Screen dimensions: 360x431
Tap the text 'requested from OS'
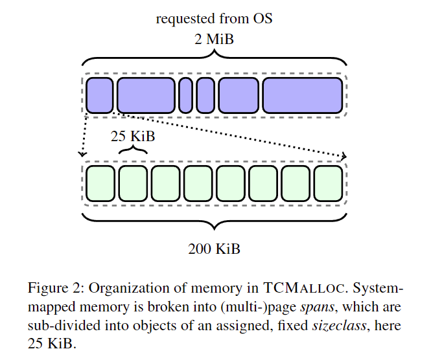tap(214, 18)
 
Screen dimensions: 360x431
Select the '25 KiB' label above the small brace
tap(133, 137)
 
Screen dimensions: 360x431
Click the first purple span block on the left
tap(100, 95)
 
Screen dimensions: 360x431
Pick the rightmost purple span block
tap(302, 95)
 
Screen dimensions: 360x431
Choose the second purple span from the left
tap(146, 95)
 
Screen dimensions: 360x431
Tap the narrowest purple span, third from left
tap(185, 95)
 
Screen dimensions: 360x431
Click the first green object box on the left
tap(100, 183)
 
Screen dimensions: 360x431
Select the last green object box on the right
tap(328, 183)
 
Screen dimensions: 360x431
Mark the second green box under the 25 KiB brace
tap(133, 183)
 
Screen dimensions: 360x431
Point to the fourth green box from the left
tap(198, 183)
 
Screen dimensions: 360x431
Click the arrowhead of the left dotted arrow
tap(82, 154)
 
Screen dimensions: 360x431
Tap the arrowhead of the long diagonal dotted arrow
tap(344, 156)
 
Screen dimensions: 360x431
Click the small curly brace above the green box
tap(133, 150)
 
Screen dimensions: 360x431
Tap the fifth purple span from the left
tap(238, 95)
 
